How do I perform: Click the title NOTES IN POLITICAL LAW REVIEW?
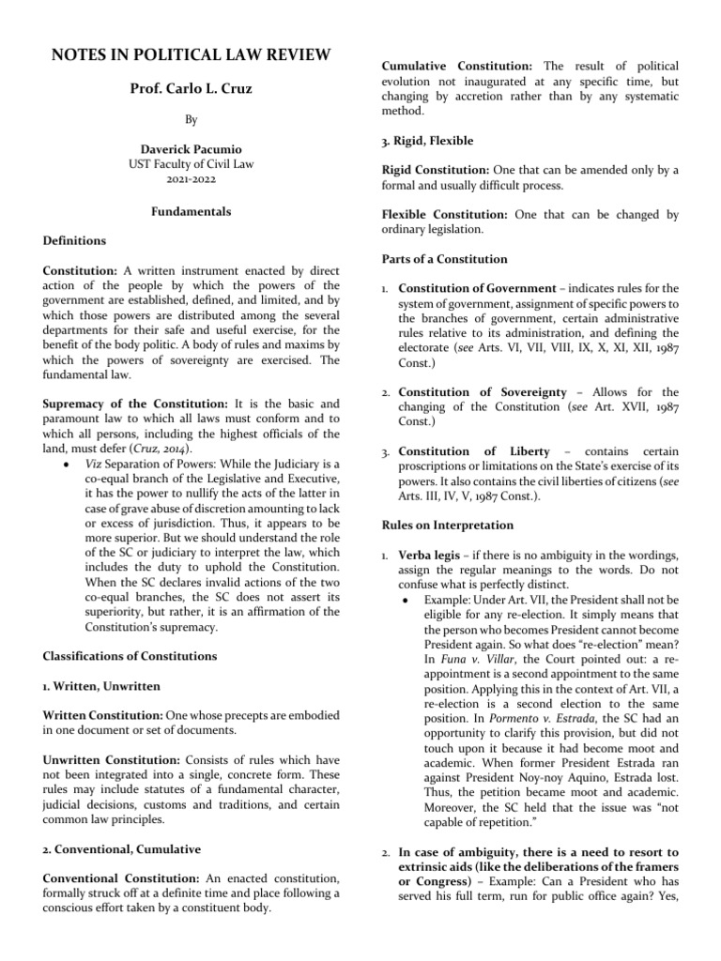click(191, 54)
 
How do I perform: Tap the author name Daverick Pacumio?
click(191, 149)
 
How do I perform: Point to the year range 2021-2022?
click(191, 177)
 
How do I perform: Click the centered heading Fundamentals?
click(191, 212)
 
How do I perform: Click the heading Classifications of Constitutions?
click(130, 655)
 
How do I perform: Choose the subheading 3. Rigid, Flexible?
click(427, 141)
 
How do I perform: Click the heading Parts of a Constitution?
click(443, 259)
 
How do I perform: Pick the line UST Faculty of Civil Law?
click(191, 163)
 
